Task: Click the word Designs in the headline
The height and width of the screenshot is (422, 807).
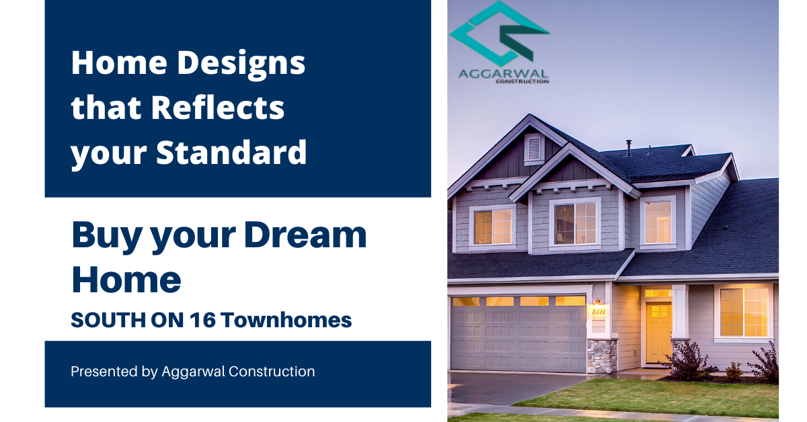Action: pyautogui.click(x=241, y=64)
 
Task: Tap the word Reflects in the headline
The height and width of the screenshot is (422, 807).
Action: pyautogui.click(x=218, y=108)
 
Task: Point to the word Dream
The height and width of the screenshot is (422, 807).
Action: pyautogui.click(x=305, y=235)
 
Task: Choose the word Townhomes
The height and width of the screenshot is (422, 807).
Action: pyautogui.click(x=286, y=320)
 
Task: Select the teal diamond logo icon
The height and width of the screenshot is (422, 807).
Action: pyautogui.click(x=499, y=34)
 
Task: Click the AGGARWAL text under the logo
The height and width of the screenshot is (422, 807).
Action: pyautogui.click(x=503, y=74)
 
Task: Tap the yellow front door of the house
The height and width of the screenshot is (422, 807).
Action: pyautogui.click(x=658, y=333)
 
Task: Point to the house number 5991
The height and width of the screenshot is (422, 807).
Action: pyautogui.click(x=599, y=310)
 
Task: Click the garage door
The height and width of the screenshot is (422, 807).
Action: pyautogui.click(x=518, y=335)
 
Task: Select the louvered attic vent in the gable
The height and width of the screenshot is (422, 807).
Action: pyautogui.click(x=534, y=149)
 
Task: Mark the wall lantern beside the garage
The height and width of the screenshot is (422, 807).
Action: pyautogui.click(x=597, y=301)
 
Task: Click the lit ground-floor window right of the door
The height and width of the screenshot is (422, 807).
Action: pyautogui.click(x=744, y=312)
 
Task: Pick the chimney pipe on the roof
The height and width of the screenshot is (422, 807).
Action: pyautogui.click(x=629, y=148)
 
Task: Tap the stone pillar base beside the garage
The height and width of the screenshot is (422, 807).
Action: pyautogui.click(x=602, y=355)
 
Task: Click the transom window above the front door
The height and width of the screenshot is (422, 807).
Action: pyautogui.click(x=658, y=294)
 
